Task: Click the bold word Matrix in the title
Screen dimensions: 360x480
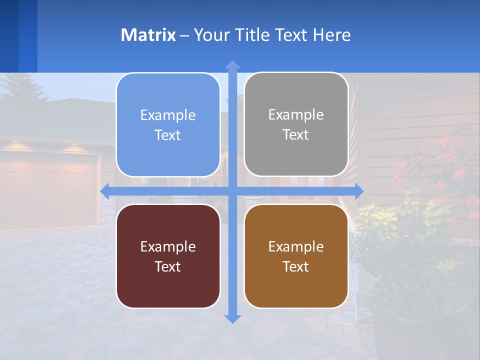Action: (148, 35)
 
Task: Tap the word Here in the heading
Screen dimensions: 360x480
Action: (332, 35)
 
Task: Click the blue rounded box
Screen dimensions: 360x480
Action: (168, 125)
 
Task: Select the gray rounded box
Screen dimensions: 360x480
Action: (296, 124)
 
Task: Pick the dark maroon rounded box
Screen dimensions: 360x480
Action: (168, 256)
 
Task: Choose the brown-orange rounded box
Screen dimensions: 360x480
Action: (296, 256)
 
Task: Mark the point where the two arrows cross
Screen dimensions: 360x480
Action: (232, 191)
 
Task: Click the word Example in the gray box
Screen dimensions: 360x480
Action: (296, 115)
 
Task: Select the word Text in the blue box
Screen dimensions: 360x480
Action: (168, 135)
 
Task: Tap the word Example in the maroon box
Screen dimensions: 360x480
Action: (168, 246)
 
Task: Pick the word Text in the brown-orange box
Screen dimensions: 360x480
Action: (296, 266)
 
